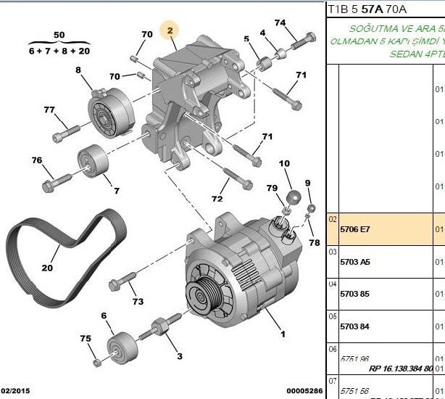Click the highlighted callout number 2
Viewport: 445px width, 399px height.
170,30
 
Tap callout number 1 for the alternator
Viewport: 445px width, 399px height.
283,334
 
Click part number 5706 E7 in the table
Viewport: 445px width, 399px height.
354,229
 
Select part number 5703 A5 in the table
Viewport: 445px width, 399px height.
354,262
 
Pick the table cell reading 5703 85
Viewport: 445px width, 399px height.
354,295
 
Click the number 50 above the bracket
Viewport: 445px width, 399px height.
59,34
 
